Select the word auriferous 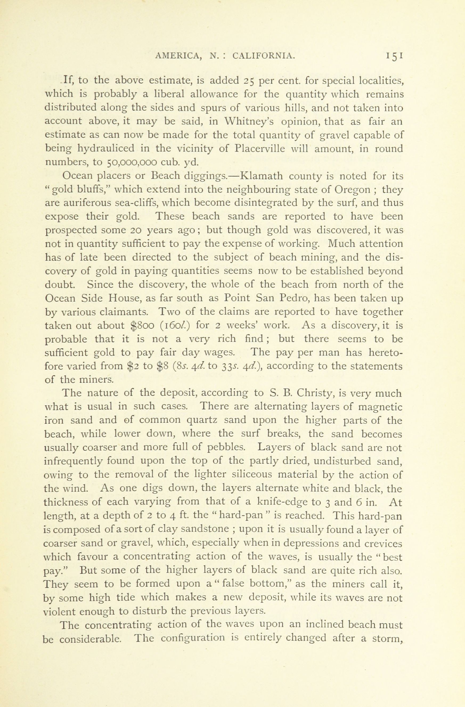click(x=83, y=203)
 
